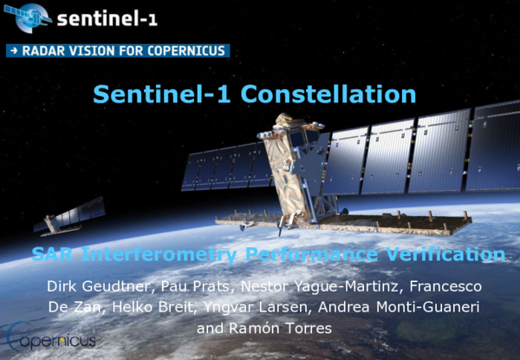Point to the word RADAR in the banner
39,50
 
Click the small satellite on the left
69,217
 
